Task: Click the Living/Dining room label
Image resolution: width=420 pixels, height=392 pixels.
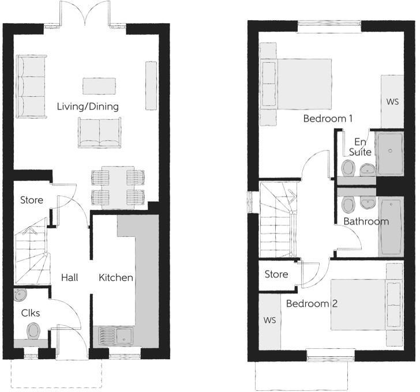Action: [x=88, y=107]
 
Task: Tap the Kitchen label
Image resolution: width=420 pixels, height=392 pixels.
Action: [x=116, y=277]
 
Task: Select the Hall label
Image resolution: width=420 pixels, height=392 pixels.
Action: [x=69, y=277]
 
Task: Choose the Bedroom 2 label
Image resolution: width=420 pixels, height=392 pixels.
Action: [x=312, y=304]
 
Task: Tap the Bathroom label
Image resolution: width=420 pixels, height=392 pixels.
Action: [x=366, y=221]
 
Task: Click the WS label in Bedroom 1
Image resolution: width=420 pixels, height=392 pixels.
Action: [x=392, y=102]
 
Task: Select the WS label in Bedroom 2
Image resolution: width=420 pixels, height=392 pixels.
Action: [x=269, y=319]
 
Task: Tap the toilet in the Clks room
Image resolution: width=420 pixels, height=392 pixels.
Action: [x=33, y=330]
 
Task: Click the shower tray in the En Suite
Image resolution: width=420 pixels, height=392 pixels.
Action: [x=390, y=153]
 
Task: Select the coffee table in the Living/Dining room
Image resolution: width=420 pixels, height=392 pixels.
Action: [x=99, y=86]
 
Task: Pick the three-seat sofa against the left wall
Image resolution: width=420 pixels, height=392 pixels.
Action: [x=31, y=86]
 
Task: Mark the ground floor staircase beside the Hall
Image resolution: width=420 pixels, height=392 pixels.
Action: [x=30, y=251]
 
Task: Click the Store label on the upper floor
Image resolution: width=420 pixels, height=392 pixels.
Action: [x=276, y=274]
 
